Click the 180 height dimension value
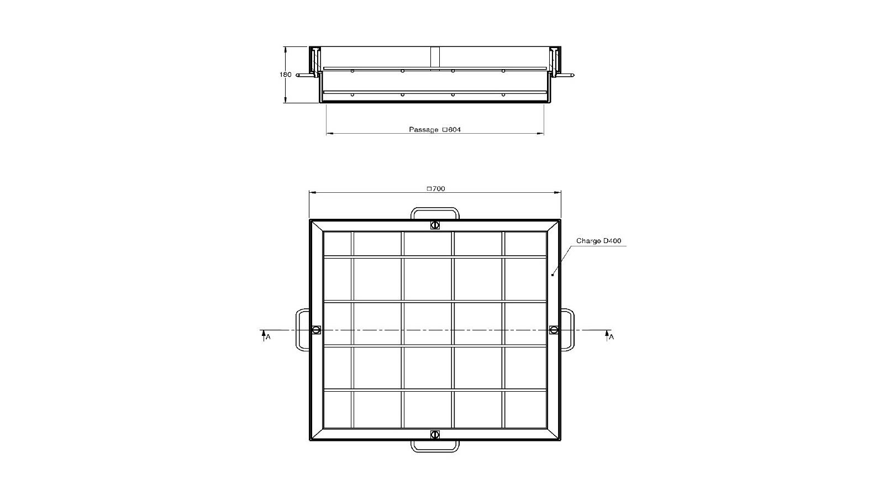(285, 75)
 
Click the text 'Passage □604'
(435, 130)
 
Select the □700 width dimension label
(435, 189)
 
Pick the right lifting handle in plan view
(570, 330)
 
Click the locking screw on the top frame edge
(435, 225)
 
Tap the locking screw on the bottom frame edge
(435, 434)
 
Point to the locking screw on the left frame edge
(316, 330)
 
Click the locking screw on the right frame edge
(554, 330)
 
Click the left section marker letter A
(268, 337)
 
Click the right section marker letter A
(611, 337)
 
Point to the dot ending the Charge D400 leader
(552, 275)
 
